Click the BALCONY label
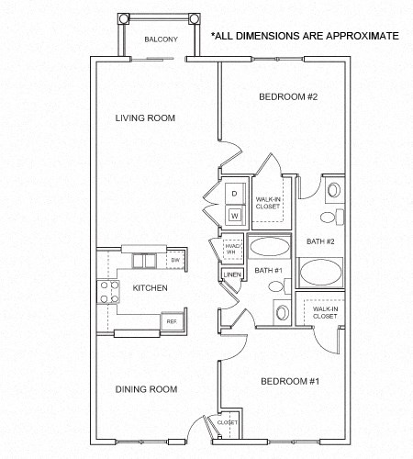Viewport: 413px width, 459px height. point(161,39)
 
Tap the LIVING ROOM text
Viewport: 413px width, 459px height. point(145,118)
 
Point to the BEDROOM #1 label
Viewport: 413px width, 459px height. point(289,381)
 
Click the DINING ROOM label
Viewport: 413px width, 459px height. point(146,389)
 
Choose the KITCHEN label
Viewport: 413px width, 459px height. point(150,288)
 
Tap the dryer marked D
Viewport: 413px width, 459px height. point(234,195)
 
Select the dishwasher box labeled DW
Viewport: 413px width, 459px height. point(174,262)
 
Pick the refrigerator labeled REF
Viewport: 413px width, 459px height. point(170,322)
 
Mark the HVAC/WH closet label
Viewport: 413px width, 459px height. point(231,249)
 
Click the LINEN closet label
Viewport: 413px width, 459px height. point(231,275)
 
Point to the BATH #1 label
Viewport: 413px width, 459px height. point(267,270)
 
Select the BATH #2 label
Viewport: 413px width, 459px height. point(320,241)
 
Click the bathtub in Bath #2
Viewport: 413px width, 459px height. point(320,274)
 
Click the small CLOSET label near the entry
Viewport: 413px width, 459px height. point(228,421)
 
